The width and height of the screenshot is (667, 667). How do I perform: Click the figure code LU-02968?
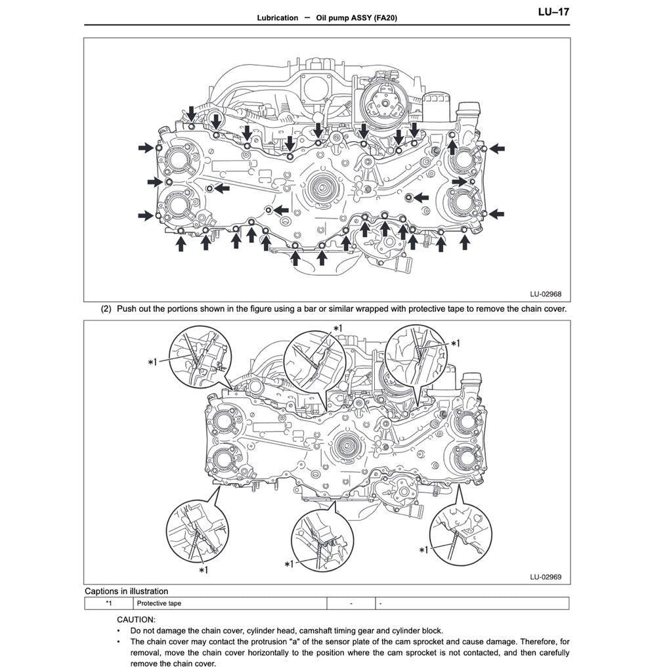pyautogui.click(x=547, y=294)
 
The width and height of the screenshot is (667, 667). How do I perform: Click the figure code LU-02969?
pyautogui.click(x=547, y=577)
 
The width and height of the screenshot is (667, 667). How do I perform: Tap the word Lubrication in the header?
pyautogui.click(x=277, y=18)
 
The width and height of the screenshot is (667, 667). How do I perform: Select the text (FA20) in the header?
pyautogui.click(x=384, y=18)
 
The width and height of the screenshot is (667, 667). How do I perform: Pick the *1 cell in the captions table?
pyautogui.click(x=109, y=603)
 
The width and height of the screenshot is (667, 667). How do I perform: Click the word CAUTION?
pyautogui.click(x=136, y=619)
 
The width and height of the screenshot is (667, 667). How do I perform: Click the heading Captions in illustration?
pyautogui.click(x=126, y=591)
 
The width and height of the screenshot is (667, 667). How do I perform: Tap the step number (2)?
pyautogui.click(x=106, y=308)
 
